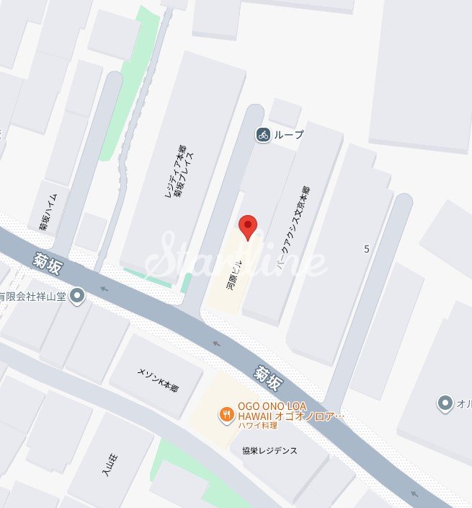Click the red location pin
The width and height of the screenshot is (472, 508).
248,227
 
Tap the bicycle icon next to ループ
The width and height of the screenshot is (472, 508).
263,134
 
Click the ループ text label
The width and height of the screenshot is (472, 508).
289,135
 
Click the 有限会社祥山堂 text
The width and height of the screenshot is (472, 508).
33,296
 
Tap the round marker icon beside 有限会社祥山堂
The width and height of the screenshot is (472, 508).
77,296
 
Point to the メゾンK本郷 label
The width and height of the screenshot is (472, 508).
158,380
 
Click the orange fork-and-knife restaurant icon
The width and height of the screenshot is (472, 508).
226,414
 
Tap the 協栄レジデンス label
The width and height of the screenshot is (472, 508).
270,450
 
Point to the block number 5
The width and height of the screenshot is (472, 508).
367,249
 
